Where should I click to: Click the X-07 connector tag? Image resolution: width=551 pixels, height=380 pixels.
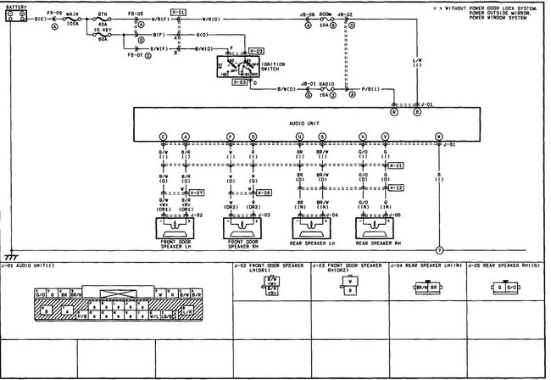click(x=197, y=193)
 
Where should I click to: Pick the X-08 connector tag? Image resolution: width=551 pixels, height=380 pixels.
click(x=264, y=193)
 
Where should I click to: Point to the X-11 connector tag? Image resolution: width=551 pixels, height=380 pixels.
click(x=396, y=165)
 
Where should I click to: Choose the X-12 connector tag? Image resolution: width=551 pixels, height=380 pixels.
click(x=396, y=187)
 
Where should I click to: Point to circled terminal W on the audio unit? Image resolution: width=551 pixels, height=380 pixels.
click(x=438, y=137)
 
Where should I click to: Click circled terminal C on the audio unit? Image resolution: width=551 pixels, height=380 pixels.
click(x=163, y=137)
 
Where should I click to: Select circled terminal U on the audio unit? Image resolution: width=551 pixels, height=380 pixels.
click(x=299, y=137)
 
